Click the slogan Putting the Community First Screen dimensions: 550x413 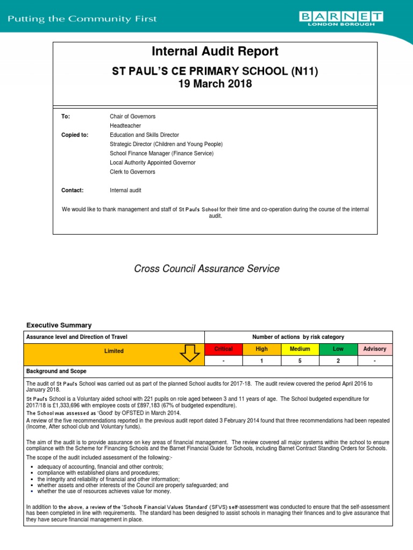coord(82,19)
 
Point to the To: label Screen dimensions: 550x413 coord(66,116)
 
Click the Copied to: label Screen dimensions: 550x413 coord(75,135)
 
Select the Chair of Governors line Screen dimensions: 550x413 coord(132,116)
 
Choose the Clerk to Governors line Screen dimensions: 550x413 coord(132,172)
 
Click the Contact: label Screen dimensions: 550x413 coord(73,190)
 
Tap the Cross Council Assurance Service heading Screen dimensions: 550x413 coord(206,269)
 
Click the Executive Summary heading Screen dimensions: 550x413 coord(59,325)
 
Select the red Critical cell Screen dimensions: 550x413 coord(224,349)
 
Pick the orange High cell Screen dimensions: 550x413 coord(261,349)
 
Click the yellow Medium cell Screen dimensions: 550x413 coord(300,349)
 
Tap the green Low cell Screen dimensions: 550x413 coord(337,349)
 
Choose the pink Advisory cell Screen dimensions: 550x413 coord(375,349)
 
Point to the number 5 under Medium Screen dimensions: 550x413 coord(300,361)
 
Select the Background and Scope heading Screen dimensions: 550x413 coord(56,372)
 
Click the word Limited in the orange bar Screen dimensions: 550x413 coord(113,351)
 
